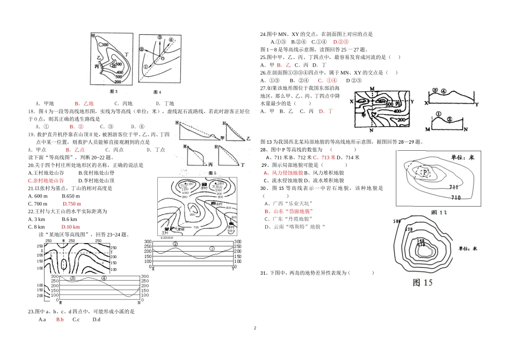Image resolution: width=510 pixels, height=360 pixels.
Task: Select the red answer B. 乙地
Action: click(x=84, y=104)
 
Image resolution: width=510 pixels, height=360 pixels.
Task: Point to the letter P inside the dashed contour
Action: click(x=425, y=172)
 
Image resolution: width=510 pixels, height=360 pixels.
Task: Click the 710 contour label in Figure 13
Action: click(x=456, y=197)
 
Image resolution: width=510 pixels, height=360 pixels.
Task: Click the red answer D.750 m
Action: click(x=71, y=204)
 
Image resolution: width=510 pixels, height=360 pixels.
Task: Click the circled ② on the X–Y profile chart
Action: click(x=175, y=244)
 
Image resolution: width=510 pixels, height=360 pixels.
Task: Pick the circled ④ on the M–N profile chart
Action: click(x=104, y=278)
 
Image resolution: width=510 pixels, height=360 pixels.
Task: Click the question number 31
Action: click(x=263, y=273)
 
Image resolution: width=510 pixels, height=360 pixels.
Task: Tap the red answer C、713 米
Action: click(x=324, y=157)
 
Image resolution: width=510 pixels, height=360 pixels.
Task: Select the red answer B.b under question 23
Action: click(x=60, y=320)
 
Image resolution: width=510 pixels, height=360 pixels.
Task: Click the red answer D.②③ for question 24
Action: click(x=341, y=41)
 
